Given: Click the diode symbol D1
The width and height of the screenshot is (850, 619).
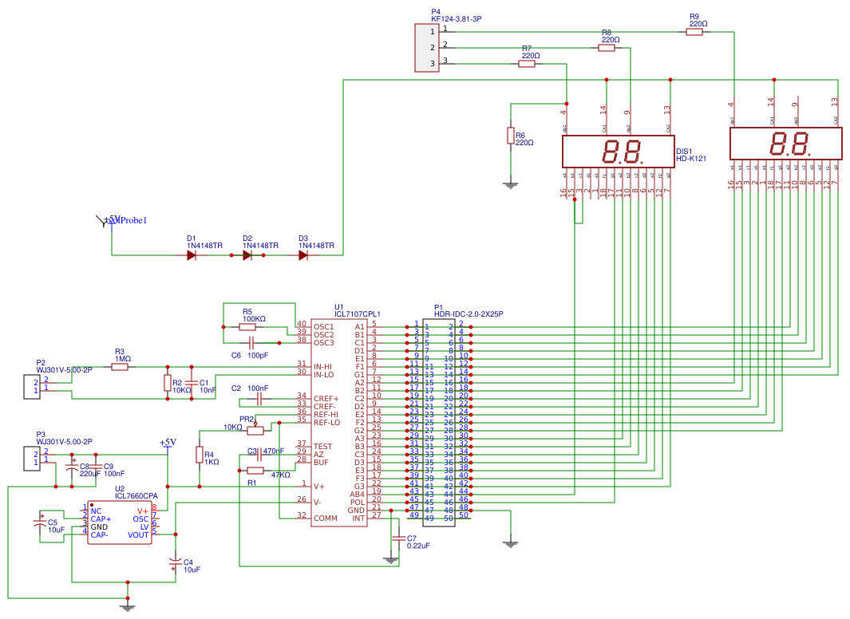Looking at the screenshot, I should pyautogui.click(x=192, y=255).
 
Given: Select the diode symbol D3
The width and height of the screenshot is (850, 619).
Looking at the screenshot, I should pyautogui.click(x=303, y=255).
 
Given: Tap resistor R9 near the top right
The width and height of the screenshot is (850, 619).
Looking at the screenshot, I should pyautogui.click(x=694, y=32).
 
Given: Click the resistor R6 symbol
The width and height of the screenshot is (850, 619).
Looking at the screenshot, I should pyautogui.click(x=511, y=136).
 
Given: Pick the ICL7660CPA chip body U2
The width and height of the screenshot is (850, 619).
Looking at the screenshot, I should pyautogui.click(x=120, y=522).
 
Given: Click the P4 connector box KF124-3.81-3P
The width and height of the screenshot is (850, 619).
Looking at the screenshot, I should pyautogui.click(x=427, y=48).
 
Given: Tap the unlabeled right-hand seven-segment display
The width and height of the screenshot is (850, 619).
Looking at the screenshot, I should pyautogui.click(x=786, y=144).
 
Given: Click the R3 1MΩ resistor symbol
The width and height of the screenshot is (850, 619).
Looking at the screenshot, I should pyautogui.click(x=120, y=367).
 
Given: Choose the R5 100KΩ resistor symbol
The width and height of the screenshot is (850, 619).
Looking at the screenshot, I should pyautogui.click(x=247, y=326).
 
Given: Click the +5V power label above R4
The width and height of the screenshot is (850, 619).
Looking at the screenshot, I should pyautogui.click(x=168, y=443).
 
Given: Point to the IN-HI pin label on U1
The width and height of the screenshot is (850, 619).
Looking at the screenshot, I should pyautogui.click(x=323, y=366).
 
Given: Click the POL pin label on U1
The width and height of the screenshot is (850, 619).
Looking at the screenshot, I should pyautogui.click(x=356, y=502).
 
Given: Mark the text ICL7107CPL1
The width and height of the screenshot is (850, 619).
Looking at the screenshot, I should pyautogui.click(x=357, y=314).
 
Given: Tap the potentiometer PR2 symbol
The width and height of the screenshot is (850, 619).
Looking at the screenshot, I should pyautogui.click(x=255, y=431).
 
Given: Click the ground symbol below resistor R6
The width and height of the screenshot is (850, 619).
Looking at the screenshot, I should pyautogui.click(x=511, y=186).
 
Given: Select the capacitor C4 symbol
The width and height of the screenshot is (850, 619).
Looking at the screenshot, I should pyautogui.click(x=176, y=564).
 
